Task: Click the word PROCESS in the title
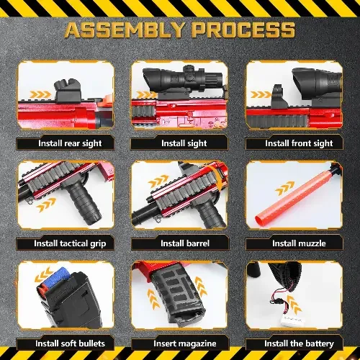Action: (x=244, y=30)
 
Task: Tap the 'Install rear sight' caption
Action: (x=70, y=143)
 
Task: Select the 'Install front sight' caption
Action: (x=299, y=143)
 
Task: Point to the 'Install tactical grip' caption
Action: (x=70, y=243)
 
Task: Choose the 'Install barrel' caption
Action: (x=185, y=243)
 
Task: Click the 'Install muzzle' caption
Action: (x=299, y=243)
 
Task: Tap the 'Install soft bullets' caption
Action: (x=70, y=343)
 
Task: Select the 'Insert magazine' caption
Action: (x=185, y=343)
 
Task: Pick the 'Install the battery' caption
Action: (x=299, y=343)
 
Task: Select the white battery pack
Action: (x=292, y=320)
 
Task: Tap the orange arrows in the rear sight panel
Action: (x=40, y=94)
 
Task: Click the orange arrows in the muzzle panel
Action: (x=284, y=188)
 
